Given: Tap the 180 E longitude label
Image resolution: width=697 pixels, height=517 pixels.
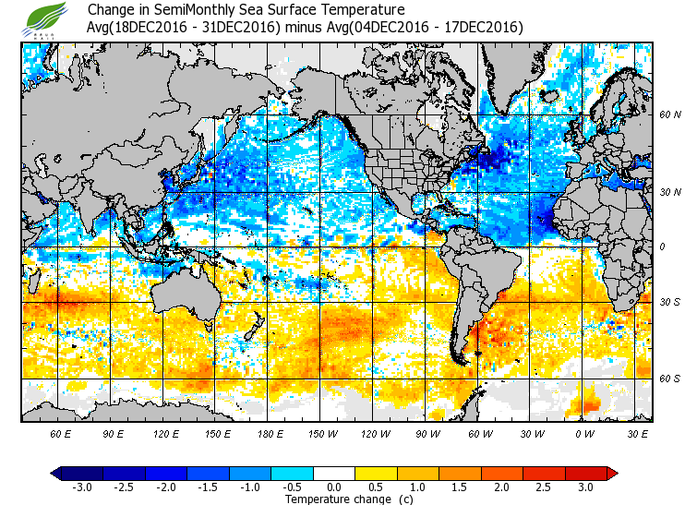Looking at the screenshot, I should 270,433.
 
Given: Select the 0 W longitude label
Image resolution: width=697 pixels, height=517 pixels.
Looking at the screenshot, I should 583,433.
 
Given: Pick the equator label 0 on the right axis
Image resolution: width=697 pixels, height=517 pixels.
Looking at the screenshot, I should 663,246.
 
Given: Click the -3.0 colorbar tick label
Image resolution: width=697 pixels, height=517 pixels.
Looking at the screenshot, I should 81,487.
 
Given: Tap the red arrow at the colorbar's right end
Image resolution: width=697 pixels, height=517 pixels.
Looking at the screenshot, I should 611,474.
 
